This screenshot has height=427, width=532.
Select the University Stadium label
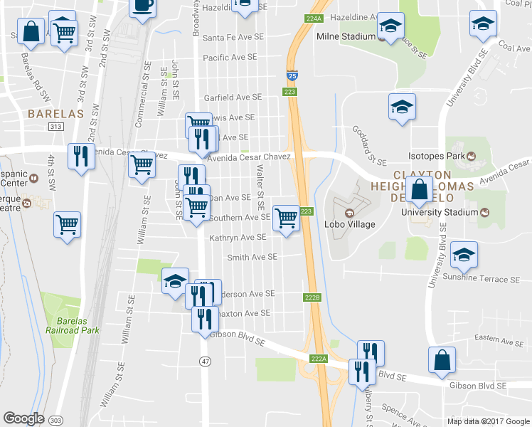[x=440, y=212]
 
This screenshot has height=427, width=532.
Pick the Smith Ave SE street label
[x=252, y=257]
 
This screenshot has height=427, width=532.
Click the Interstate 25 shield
[x=292, y=74]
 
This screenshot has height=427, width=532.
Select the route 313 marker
[x=56, y=127]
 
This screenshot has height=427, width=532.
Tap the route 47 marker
[x=205, y=362]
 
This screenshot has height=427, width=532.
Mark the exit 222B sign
[x=314, y=297]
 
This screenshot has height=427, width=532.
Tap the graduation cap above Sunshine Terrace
[x=464, y=255]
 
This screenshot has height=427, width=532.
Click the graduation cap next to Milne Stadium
[x=390, y=27]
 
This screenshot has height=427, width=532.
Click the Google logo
[x=24, y=418]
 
